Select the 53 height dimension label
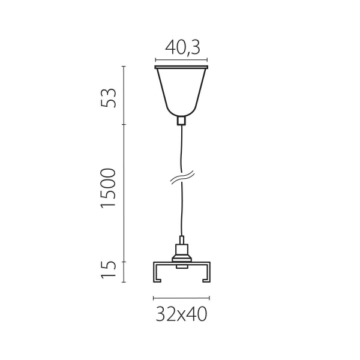(x=109, y=97)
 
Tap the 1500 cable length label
(x=108, y=188)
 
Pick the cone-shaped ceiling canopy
(x=181, y=90)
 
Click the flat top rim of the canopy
(x=181, y=68)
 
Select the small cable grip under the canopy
(x=181, y=120)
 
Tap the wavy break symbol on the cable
(x=181, y=178)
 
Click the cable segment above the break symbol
(x=181, y=150)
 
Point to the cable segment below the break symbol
(x=181, y=210)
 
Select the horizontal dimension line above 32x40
(x=181, y=298)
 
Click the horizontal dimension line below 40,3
(x=181, y=60)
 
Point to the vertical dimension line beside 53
(x=124, y=95)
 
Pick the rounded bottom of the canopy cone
(x=181, y=112)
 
